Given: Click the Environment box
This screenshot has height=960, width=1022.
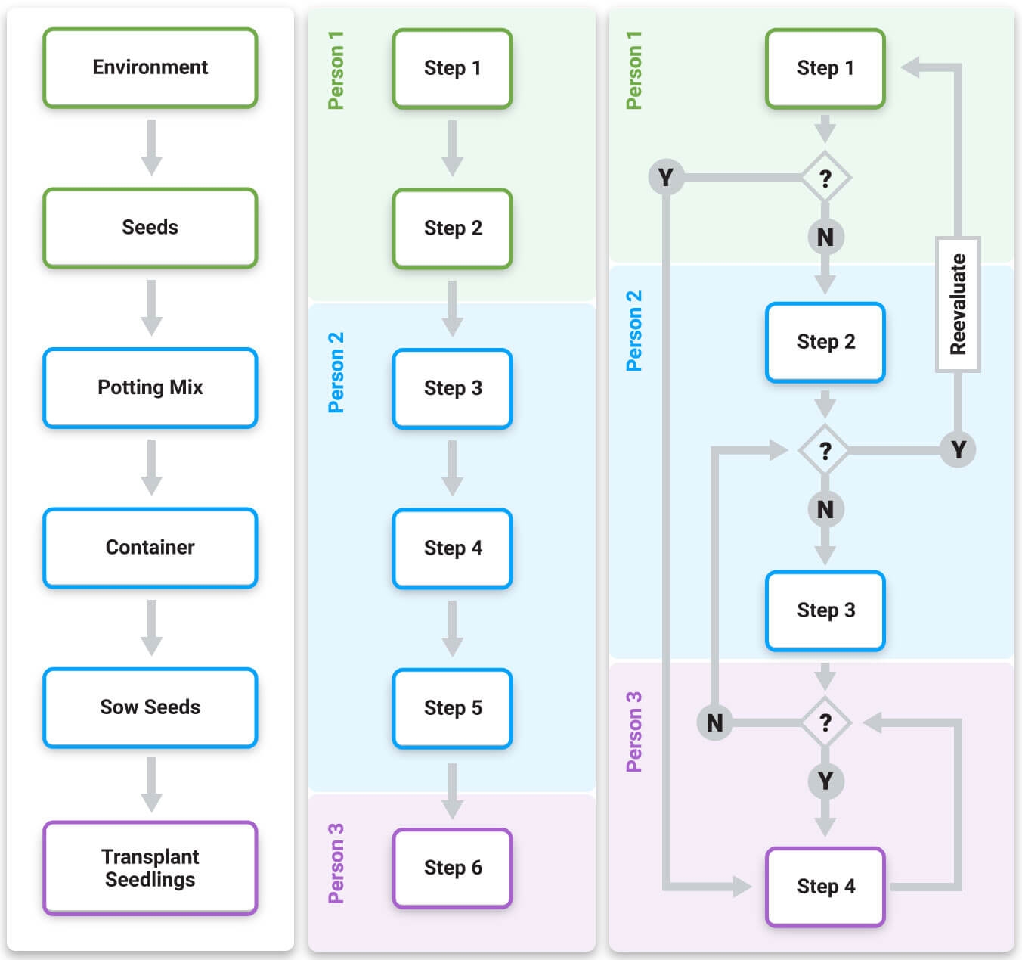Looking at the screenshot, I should (x=150, y=67).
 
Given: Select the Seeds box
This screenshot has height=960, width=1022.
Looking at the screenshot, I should (x=150, y=227).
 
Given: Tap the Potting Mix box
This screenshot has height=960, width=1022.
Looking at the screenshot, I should (x=150, y=387).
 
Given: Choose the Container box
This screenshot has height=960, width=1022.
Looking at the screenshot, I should (x=150, y=547).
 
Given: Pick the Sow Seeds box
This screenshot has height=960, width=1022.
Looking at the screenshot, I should (x=150, y=707).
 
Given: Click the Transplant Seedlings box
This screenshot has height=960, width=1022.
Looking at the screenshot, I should (x=150, y=868).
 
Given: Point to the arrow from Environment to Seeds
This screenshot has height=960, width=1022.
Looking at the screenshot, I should (x=151, y=148).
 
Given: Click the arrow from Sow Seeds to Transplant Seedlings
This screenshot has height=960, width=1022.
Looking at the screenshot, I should (x=151, y=784).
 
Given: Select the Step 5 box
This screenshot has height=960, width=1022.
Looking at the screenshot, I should (x=452, y=708).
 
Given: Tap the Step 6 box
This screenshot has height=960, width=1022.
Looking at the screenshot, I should (x=452, y=868).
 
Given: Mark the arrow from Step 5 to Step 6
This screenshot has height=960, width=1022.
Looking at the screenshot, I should (x=452, y=791).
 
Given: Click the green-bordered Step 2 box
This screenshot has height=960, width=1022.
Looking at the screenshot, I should (x=452, y=228).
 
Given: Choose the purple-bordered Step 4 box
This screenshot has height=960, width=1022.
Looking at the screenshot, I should (x=825, y=887).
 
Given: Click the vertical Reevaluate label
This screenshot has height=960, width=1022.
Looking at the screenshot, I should (x=958, y=304).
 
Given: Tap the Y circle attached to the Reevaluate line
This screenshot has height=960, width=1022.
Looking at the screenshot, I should (x=958, y=450).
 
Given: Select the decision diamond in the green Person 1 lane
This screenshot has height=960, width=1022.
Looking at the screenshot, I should (x=825, y=178).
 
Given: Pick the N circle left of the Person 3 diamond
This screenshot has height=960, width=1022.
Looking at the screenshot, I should (x=714, y=723).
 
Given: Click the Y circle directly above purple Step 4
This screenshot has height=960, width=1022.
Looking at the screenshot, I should (x=825, y=781).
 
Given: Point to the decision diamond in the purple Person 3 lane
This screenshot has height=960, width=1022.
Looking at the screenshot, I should (x=825, y=723).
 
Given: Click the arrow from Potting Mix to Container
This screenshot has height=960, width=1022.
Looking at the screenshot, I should (x=151, y=468).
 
